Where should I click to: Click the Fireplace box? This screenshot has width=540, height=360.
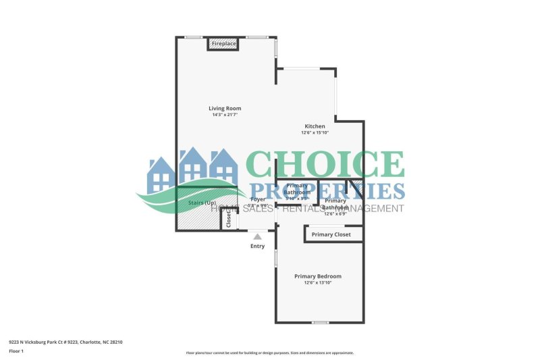[224, 44]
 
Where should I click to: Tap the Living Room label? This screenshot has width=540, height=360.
[225, 108]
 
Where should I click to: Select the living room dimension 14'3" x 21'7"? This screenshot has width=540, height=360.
[225, 115]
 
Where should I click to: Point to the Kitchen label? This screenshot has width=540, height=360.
[315, 126]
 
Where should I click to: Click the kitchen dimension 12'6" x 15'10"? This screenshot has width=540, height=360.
[315, 132]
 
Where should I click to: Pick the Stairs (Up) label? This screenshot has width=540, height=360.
[201, 203]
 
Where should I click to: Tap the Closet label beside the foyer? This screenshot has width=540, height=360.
[229, 219]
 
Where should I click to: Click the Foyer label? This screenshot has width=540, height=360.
[258, 200]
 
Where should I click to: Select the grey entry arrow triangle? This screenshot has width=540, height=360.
[257, 236]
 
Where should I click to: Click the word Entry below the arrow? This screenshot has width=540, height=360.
[257, 246]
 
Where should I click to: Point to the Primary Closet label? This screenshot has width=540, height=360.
[331, 234]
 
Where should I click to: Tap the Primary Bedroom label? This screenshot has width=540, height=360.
[317, 276]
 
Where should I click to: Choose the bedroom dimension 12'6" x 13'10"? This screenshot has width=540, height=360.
[317, 282]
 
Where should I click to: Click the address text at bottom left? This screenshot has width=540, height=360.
[65, 342]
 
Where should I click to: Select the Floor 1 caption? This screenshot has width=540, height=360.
[16, 351]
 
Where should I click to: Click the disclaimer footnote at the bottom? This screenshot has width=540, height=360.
[270, 353]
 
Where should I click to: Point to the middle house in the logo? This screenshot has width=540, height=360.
[192, 169]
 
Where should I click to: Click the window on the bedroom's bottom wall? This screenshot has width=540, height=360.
[321, 322]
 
